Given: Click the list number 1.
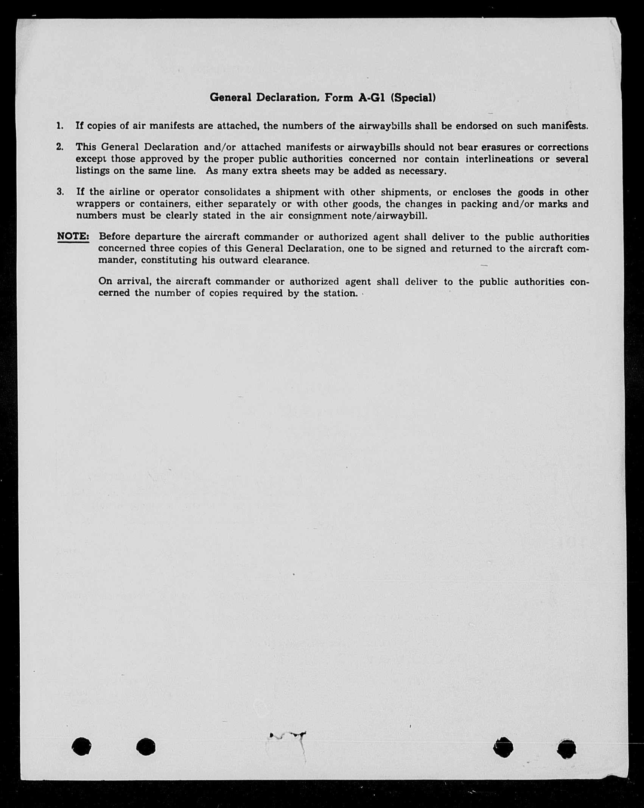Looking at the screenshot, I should (60, 126).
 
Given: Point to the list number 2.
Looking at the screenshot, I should (60, 147).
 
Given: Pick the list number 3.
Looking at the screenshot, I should (60, 192).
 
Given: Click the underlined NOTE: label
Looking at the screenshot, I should (73, 237).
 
